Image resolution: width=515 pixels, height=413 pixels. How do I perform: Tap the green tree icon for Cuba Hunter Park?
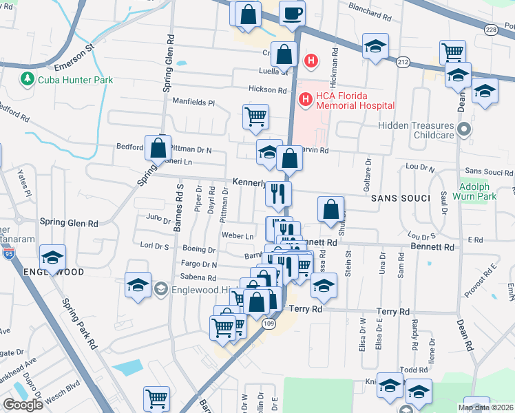point(28,80)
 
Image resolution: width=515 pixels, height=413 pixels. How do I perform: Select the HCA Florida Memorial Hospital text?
point(355,100)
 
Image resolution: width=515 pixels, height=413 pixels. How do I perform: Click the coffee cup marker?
point(292,14)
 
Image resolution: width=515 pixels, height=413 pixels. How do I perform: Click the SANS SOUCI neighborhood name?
point(400,198)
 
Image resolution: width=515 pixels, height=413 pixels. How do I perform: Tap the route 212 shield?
point(403,63)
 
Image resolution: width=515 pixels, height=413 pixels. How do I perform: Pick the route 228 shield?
point(490,30)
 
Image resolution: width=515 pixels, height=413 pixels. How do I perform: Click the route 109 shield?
point(269,323)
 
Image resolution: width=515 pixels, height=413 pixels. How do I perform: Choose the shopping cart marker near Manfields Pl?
point(255,116)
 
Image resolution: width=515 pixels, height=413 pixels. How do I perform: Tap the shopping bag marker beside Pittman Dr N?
point(158,147)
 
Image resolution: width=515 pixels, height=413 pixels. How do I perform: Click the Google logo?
point(23,405)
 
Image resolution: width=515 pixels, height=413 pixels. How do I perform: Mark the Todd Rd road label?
point(414,370)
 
